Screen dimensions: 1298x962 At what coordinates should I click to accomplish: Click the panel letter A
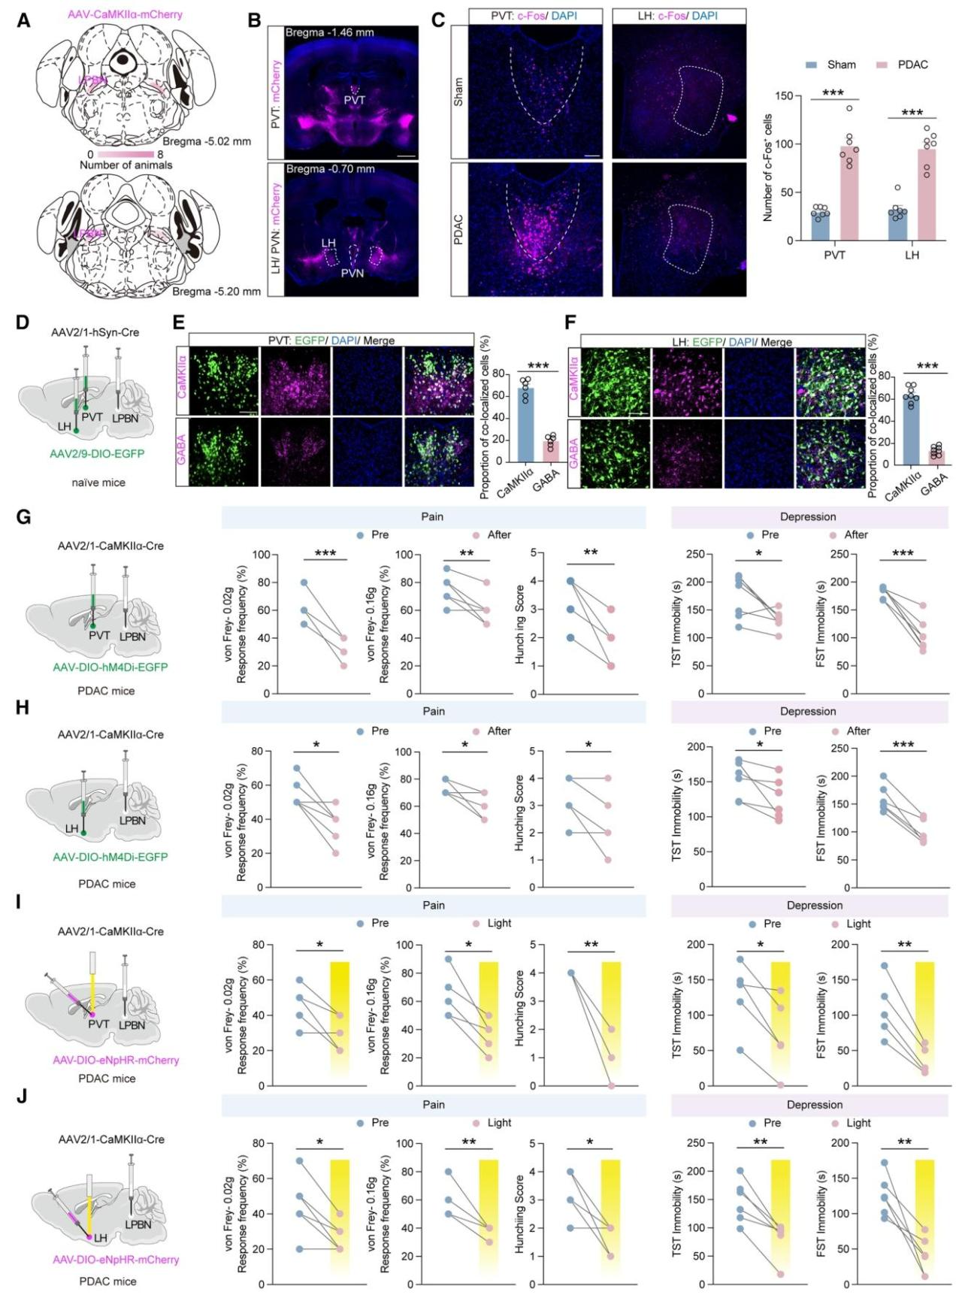(x=24, y=20)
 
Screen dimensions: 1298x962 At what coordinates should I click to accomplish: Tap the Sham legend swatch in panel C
(x=811, y=65)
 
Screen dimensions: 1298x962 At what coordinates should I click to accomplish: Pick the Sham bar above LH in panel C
(x=897, y=224)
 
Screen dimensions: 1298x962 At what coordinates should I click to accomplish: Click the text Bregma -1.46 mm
(x=329, y=32)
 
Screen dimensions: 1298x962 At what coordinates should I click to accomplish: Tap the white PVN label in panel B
(x=352, y=273)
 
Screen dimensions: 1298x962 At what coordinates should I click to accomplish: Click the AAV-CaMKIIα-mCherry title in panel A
(x=125, y=14)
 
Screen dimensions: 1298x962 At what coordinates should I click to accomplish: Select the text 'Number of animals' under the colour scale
(x=126, y=165)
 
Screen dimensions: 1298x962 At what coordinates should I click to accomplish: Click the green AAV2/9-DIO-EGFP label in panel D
(x=97, y=454)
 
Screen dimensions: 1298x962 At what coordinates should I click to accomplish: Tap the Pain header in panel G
(x=432, y=516)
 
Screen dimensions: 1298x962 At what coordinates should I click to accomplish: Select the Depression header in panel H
(x=808, y=711)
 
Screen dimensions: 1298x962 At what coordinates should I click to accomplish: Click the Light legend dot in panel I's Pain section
(x=476, y=924)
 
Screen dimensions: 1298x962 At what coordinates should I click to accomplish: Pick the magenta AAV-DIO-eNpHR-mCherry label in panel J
(x=116, y=1259)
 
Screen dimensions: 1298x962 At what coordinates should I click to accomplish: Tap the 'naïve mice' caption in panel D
(x=98, y=483)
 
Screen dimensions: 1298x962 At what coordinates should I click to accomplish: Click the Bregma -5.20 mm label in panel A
(x=216, y=292)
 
